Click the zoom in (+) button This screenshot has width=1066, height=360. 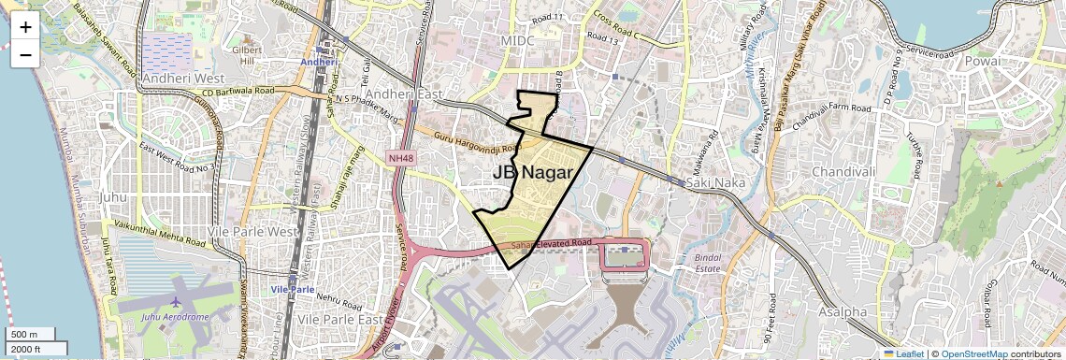tap(25, 27)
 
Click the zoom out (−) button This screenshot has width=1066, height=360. tap(25, 54)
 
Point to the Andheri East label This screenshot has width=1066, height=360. tap(403, 94)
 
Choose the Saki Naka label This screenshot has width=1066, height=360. tap(715, 182)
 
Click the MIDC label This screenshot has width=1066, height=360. tap(517, 42)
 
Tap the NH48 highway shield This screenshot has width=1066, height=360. tap(400, 158)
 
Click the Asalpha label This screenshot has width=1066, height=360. tap(841, 311)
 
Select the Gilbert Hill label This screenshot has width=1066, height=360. tap(247, 54)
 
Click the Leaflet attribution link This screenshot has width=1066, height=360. tap(903, 353)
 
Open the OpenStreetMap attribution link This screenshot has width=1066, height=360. tap(973, 353)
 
